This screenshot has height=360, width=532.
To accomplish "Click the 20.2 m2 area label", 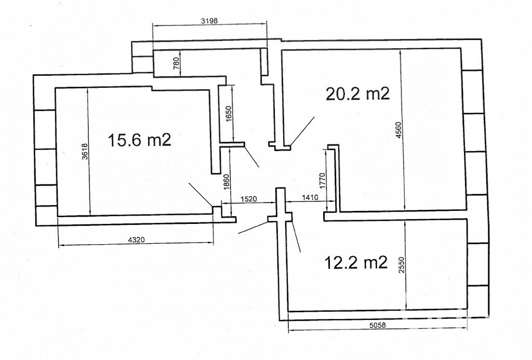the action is pos(357,94).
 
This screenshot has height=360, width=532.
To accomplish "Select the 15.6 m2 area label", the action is pos(139,140).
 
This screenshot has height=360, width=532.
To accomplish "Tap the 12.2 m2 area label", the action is pos(356,262).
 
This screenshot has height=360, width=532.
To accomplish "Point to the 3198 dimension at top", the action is pos(209,21).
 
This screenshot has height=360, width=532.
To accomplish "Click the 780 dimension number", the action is pos(176,63).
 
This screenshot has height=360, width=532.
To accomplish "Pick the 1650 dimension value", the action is pos(228,114).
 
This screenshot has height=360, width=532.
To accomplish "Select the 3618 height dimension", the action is pos(85,151).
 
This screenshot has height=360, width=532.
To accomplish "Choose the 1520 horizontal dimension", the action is pos(249,199).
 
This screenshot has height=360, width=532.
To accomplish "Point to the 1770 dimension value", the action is pos(322,181).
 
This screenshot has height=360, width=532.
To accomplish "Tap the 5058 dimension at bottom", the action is pos(377,325).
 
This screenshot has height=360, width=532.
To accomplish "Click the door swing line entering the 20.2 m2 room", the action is pos(302,131).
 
